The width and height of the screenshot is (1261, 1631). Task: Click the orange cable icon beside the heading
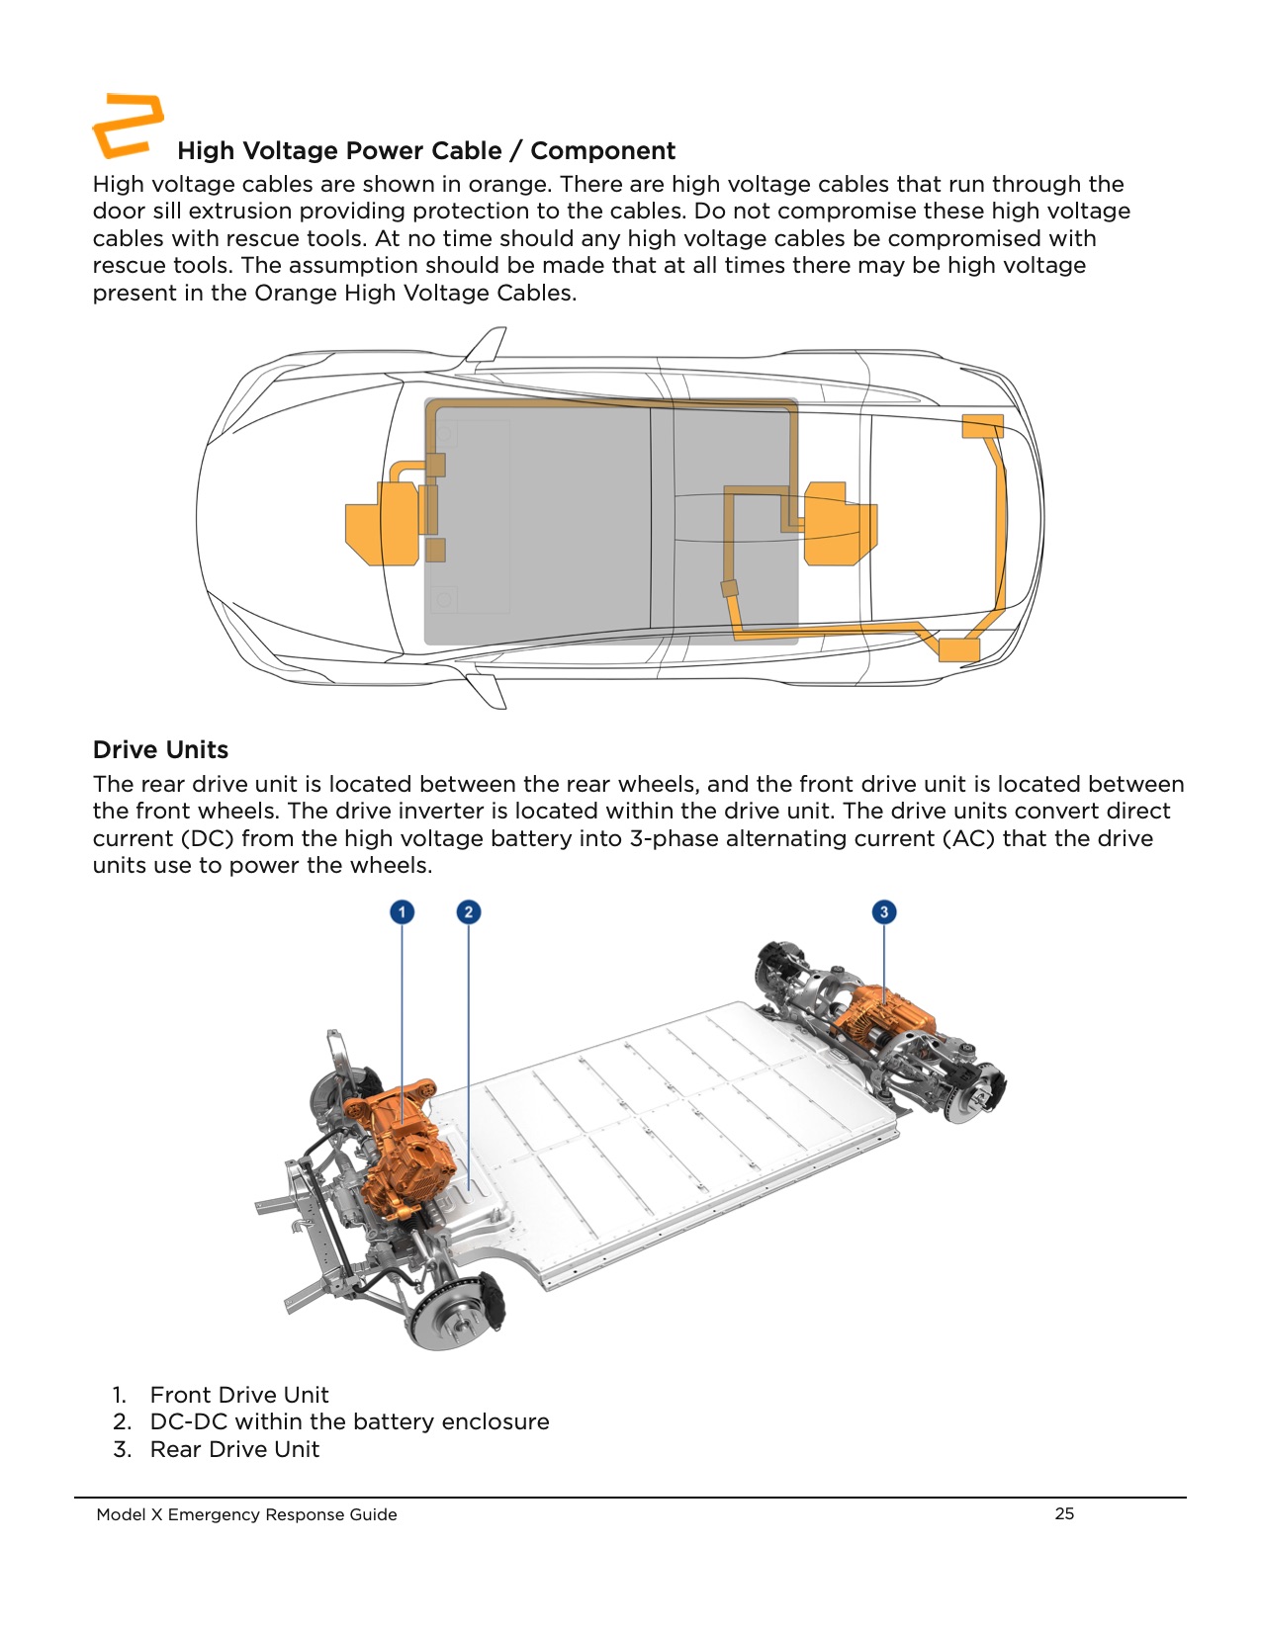(128, 126)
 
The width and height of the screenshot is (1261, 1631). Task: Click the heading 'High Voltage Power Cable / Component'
(426, 151)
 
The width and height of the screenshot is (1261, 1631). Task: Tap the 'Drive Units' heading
(160, 750)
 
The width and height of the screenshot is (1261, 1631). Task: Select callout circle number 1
(402, 911)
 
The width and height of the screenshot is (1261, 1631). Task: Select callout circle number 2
(469, 911)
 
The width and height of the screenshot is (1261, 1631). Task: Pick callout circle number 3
(884, 911)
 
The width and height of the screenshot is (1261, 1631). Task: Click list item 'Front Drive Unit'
(239, 1395)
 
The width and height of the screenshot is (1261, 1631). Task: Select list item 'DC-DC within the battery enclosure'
(349, 1421)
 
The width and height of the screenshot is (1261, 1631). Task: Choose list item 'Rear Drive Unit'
(234, 1449)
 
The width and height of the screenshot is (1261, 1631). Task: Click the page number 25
(1064, 1513)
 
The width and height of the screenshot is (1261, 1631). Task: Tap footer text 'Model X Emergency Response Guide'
(246, 1514)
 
